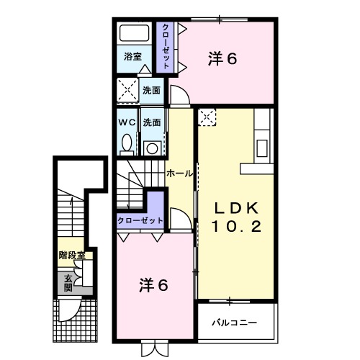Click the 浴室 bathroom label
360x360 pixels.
pyautogui.click(x=132, y=56)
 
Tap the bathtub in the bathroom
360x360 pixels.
pyautogui.click(x=133, y=35)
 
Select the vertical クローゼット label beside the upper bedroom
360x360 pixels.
pyautogui.click(x=166, y=46)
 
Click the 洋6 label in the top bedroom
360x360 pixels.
pyautogui.click(x=222, y=59)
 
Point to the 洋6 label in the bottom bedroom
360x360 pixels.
pyautogui.click(x=153, y=285)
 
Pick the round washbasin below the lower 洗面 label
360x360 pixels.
pyautogui.click(x=151, y=148)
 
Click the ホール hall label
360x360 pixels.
pyautogui.click(x=179, y=174)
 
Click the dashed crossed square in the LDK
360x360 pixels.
pyautogui.click(x=207, y=116)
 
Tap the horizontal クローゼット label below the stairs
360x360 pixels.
pyautogui.click(x=140, y=221)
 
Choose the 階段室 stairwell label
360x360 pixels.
pyautogui.click(x=72, y=256)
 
